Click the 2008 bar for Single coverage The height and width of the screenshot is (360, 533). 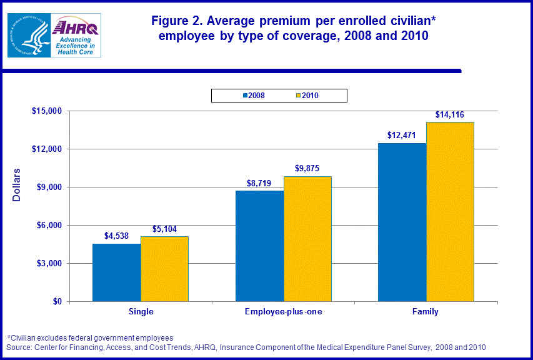[x=117, y=272]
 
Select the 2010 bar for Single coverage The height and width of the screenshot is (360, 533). [x=164, y=269]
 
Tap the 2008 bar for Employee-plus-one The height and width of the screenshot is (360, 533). [x=259, y=246]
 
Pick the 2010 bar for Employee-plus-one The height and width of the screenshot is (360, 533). [x=307, y=239]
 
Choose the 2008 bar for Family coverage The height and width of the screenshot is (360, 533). [x=402, y=222]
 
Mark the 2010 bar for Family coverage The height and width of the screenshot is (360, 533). [x=450, y=211]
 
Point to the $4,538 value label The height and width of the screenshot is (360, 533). [x=117, y=236]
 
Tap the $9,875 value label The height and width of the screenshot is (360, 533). [x=307, y=169]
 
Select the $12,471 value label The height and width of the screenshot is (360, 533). [x=402, y=136]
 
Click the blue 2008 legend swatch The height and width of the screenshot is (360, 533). [x=244, y=96]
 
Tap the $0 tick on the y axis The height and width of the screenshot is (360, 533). [x=57, y=302]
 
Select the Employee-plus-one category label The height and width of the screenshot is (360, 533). [x=284, y=312]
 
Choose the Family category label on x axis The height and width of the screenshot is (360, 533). [x=426, y=312]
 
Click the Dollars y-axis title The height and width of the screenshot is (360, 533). [x=17, y=185]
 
